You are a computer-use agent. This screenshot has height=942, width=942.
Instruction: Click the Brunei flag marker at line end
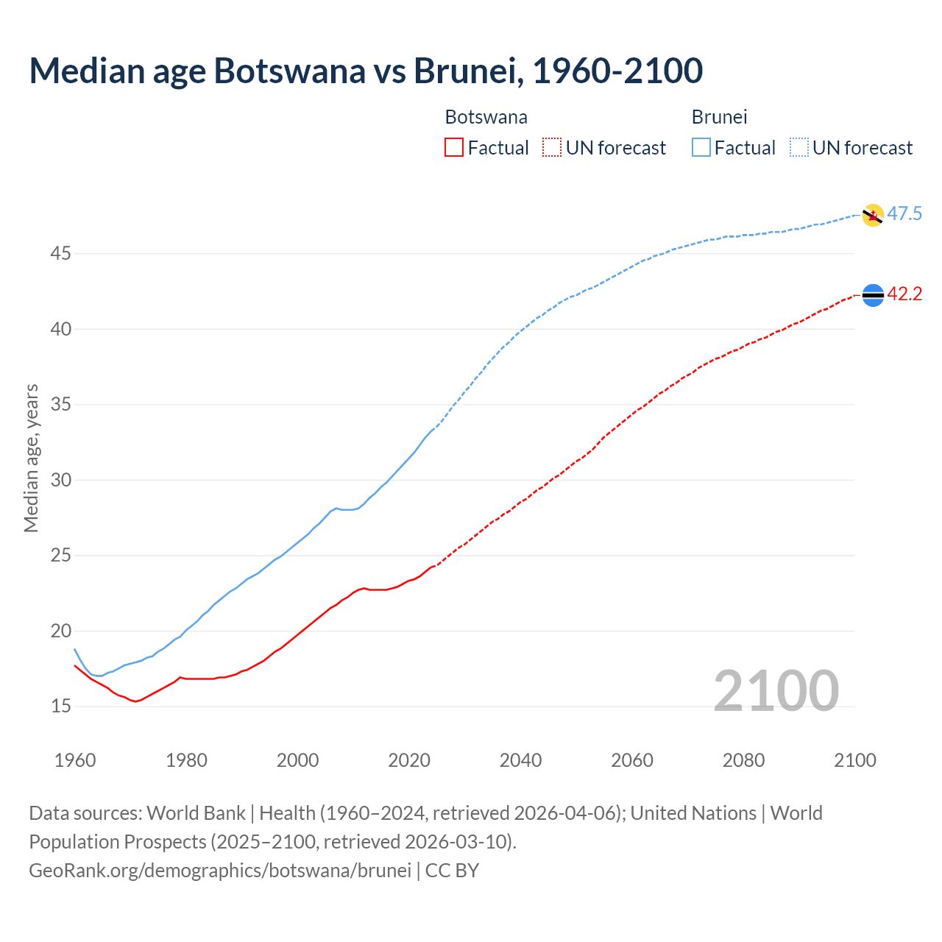873,215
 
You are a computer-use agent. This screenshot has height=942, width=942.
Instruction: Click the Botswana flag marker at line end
873,295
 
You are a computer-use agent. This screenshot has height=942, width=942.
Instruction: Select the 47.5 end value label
904,214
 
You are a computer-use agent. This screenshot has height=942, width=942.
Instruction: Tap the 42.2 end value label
904,294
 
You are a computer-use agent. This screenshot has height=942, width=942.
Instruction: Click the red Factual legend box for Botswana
454,148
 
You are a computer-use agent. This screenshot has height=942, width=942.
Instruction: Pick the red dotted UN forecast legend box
552,148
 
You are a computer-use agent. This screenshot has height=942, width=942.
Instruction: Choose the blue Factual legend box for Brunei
701,148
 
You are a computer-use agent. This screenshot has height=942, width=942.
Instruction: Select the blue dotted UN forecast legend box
798,148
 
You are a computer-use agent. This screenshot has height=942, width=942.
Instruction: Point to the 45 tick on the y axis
61,254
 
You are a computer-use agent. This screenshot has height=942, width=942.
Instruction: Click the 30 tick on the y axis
61,480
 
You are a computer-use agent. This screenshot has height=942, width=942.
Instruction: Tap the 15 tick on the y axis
61,706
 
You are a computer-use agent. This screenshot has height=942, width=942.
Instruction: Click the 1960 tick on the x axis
75,760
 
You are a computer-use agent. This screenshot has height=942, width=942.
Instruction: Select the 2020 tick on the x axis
409,760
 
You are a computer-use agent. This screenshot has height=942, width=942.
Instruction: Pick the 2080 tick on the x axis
743,760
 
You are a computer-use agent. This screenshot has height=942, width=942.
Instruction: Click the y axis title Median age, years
31,458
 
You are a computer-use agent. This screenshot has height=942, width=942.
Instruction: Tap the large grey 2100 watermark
776,690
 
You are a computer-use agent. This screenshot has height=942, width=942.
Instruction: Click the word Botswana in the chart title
289,71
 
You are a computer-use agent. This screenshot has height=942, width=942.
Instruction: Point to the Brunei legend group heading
719,117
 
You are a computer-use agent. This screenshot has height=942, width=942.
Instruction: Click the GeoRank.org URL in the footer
220,871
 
